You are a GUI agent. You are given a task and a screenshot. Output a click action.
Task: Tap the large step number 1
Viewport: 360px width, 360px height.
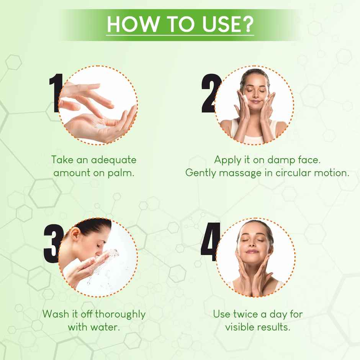pos(57,93)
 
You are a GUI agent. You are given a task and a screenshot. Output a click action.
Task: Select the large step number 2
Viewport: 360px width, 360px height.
pos(211,93)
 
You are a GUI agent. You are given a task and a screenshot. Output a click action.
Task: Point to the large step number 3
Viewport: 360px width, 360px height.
pos(52,243)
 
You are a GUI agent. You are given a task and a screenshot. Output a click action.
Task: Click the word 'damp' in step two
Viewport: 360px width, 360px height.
pos(273,160)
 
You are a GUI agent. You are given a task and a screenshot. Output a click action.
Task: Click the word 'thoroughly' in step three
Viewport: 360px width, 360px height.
pos(120,314)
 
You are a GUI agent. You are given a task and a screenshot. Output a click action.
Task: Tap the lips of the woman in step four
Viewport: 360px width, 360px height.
pos(252,251)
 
